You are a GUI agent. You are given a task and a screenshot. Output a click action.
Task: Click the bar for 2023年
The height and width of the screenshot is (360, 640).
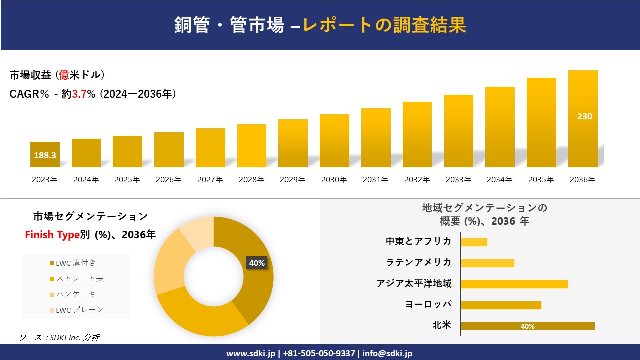pyautogui.click(x=45, y=154)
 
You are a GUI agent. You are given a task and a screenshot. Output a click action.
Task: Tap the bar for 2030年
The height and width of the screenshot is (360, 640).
pyautogui.click(x=334, y=141)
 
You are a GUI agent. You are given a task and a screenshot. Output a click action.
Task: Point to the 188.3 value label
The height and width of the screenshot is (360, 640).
pyautogui.click(x=45, y=155)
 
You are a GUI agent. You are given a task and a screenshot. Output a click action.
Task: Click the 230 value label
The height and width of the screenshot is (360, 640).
pyautogui.click(x=584, y=116)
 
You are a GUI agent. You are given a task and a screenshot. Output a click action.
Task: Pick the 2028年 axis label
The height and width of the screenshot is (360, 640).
pyautogui.click(x=251, y=180)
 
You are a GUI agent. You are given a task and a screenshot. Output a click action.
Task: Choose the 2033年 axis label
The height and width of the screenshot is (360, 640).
pyautogui.click(x=458, y=180)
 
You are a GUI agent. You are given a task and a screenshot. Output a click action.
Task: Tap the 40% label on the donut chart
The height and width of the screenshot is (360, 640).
pyautogui.click(x=257, y=263)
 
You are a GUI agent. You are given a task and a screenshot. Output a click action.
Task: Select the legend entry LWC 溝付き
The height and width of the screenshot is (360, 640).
pyautogui.click(x=76, y=263)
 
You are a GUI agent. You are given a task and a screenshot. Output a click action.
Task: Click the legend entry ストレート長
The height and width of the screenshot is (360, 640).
pyautogui.click(x=79, y=278)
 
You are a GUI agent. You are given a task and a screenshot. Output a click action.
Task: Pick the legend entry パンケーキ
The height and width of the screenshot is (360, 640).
pyautogui.click(x=75, y=294)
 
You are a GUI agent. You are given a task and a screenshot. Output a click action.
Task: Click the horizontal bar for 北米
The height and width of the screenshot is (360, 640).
pyautogui.click(x=527, y=326)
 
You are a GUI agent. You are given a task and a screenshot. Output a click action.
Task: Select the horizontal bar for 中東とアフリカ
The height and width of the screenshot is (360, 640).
pyautogui.click(x=474, y=242)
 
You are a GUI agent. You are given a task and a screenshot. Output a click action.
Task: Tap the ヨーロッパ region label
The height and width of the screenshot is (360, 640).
pyautogui.click(x=428, y=304)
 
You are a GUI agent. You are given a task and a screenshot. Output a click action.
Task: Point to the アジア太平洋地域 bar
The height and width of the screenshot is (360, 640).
pyautogui.click(x=514, y=284)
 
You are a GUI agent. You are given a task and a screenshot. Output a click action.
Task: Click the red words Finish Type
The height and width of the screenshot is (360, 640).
pyautogui.click(x=52, y=235)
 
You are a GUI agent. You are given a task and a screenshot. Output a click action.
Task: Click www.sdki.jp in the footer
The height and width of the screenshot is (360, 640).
pyautogui.click(x=250, y=353)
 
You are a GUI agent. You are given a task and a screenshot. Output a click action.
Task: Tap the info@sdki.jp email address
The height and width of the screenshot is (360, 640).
pyautogui.click(x=387, y=353)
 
